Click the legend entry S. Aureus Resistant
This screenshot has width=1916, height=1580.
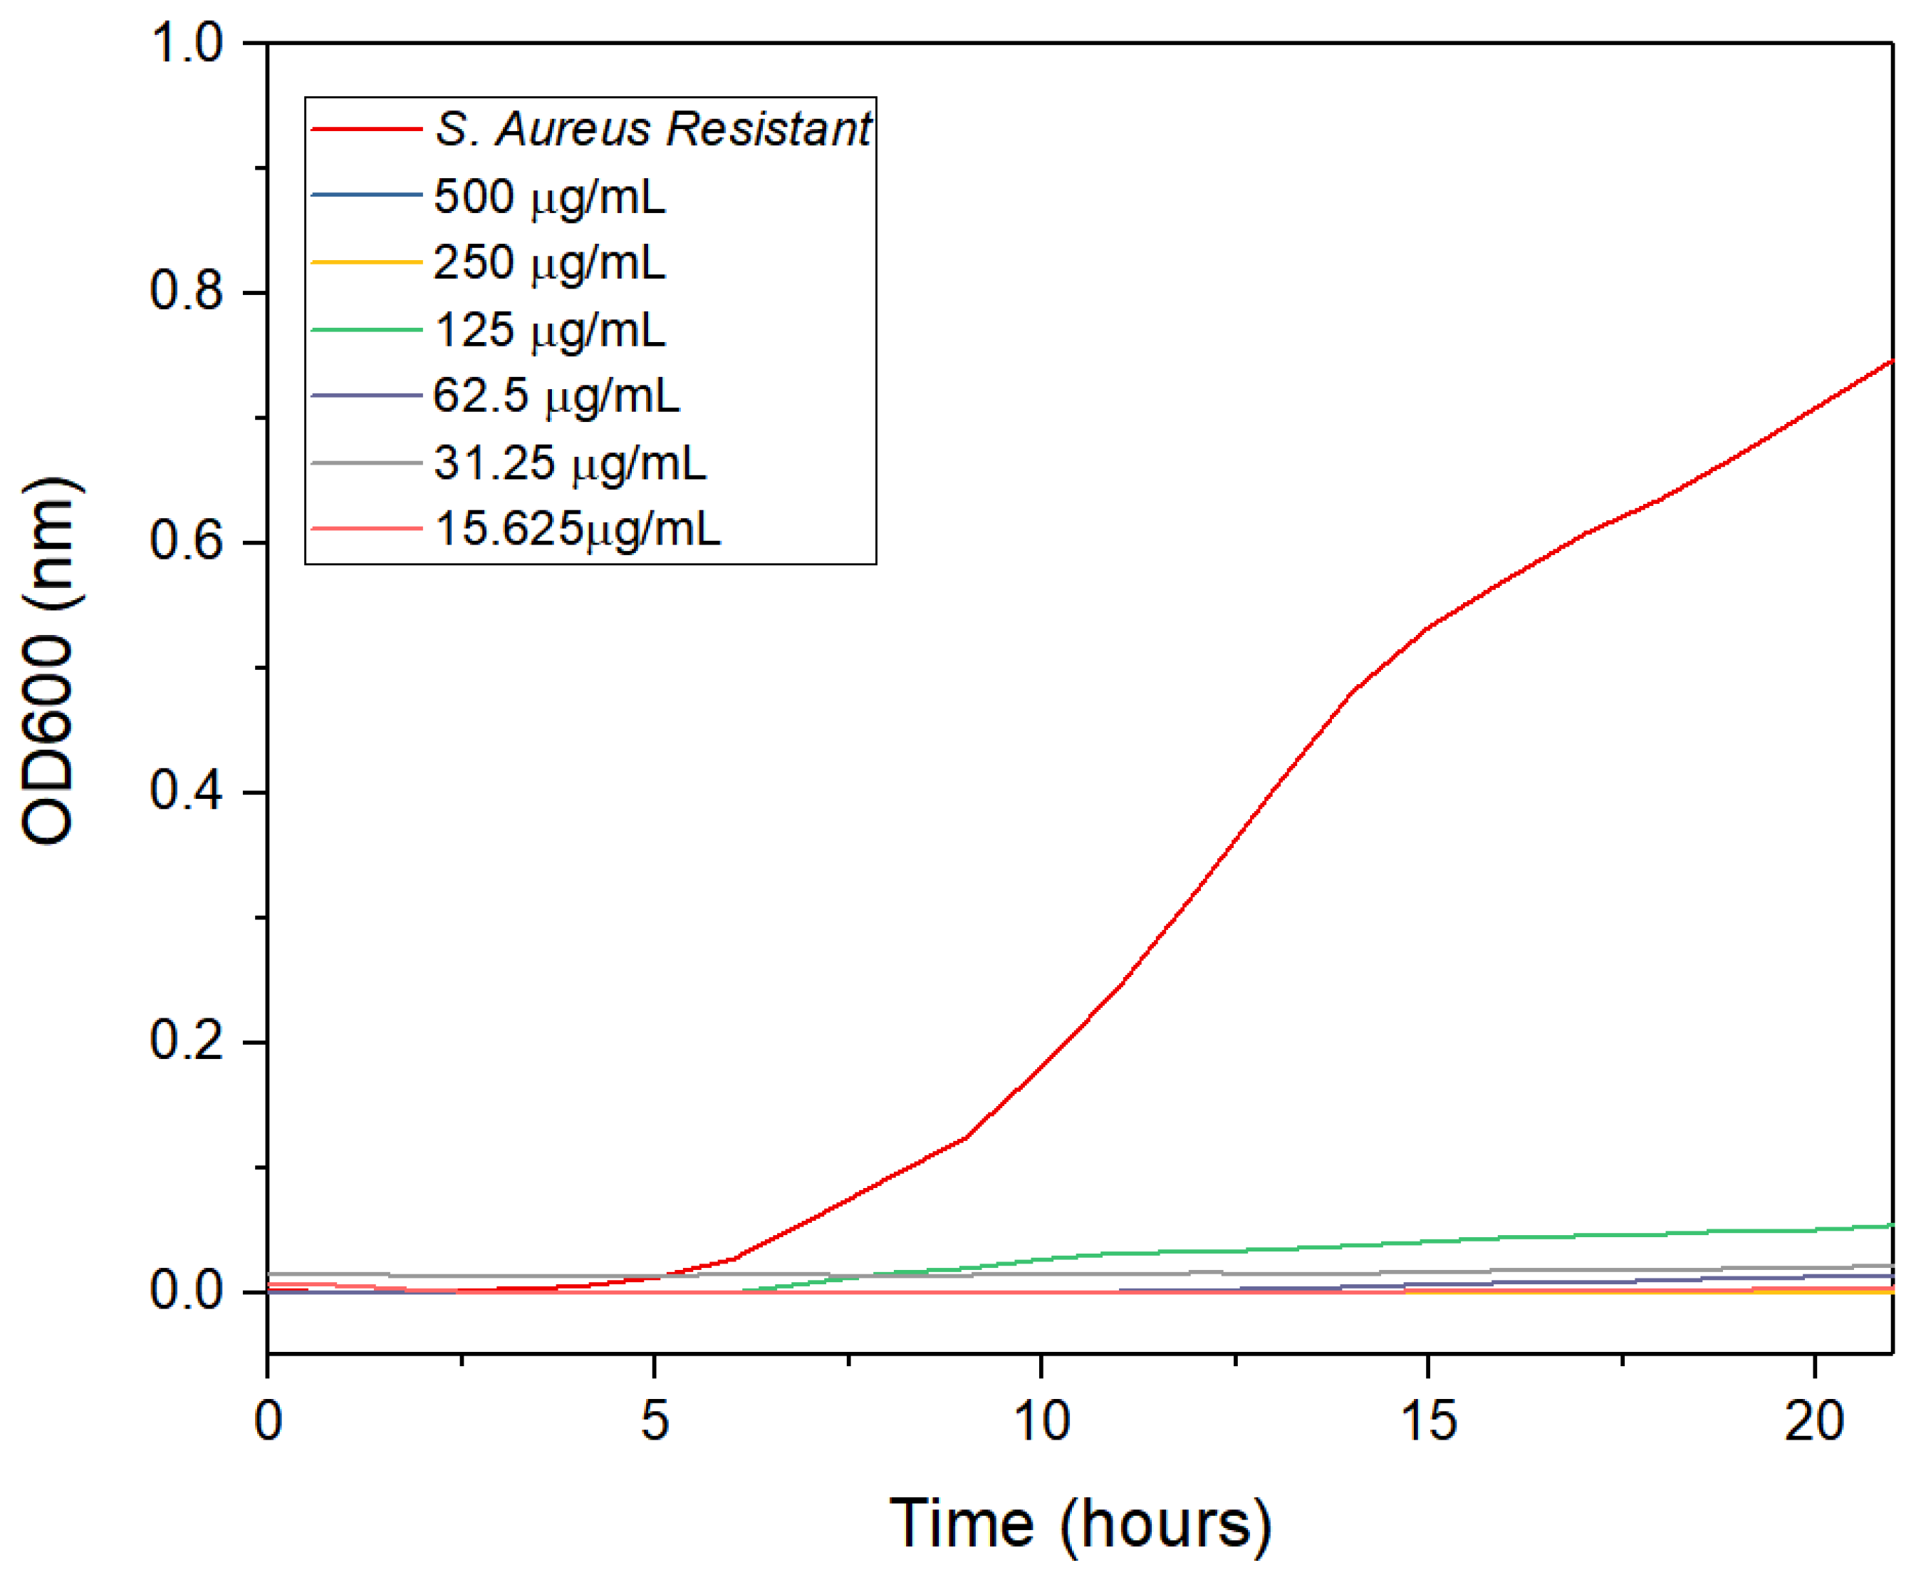(652, 128)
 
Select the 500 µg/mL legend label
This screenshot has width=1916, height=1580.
(549, 196)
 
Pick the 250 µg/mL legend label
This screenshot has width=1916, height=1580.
(549, 262)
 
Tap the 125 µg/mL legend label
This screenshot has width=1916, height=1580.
(549, 329)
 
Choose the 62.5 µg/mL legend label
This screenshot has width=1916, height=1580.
(556, 396)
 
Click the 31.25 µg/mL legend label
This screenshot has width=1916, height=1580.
(570, 463)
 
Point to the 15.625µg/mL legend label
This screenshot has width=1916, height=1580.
(578, 529)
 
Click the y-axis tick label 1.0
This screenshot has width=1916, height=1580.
(186, 43)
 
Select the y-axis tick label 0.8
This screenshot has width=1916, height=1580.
(186, 291)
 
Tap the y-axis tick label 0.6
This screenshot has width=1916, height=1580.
(186, 541)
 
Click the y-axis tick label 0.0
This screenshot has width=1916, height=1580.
(186, 1291)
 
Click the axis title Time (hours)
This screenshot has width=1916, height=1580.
(1080, 1523)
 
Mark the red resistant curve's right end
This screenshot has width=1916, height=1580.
(1890, 362)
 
